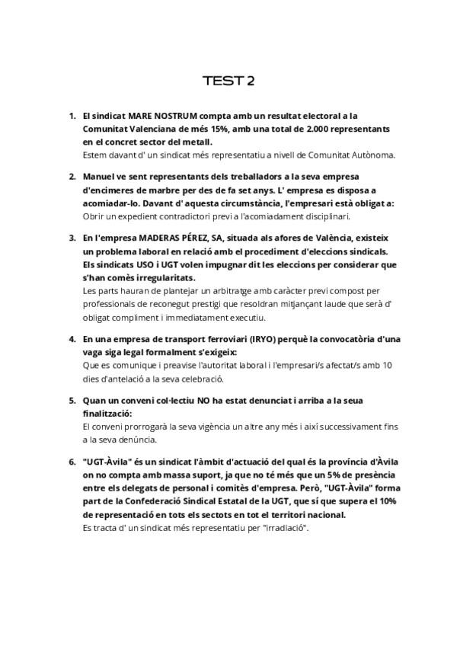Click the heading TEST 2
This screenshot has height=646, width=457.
pyautogui.click(x=228, y=81)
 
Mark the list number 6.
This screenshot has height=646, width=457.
pyautogui.click(x=72, y=462)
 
